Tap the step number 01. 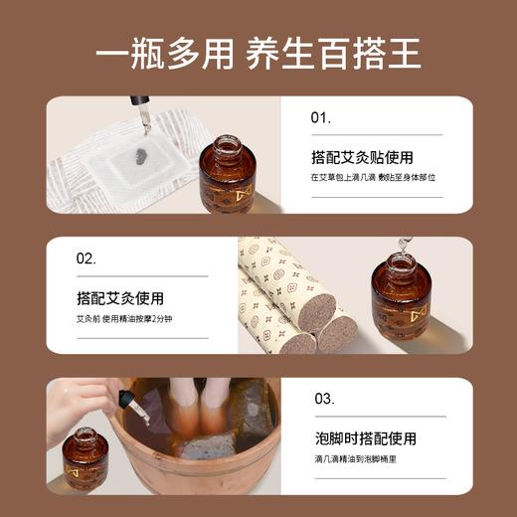coord(320,117)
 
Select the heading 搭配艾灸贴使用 coord(362,157)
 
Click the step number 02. coord(86,258)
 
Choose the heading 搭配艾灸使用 coord(120,298)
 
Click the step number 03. coord(324,399)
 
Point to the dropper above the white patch coord(145,115)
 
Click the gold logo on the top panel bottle coord(244,190)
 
